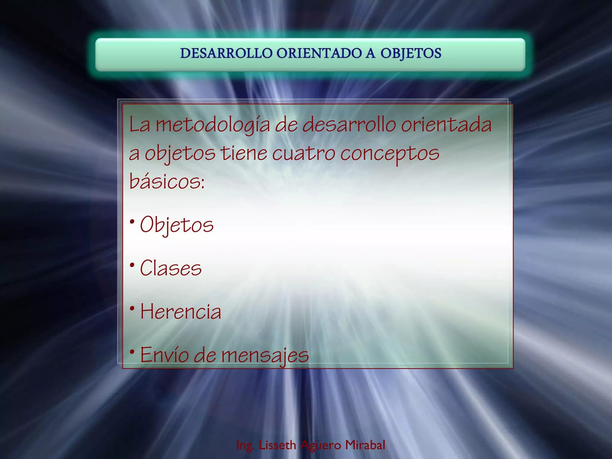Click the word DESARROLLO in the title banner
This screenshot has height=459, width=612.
coord(226,53)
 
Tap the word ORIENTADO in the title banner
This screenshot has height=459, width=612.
coord(319,53)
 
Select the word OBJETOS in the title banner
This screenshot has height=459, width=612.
coord(411,53)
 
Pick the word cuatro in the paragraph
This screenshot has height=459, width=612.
coord(304,153)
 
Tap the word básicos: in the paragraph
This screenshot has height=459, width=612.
coord(167,181)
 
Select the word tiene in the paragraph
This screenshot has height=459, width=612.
coord(244,153)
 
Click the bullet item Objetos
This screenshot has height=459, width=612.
coord(177,225)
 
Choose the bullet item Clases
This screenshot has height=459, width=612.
coord(171,268)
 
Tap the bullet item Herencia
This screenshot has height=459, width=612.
coord(181,312)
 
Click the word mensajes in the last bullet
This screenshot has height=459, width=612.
coord(265,355)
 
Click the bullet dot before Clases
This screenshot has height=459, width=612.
coord(132,265)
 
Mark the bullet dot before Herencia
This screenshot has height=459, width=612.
coord(132,308)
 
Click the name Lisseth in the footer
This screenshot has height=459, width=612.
coord(277,445)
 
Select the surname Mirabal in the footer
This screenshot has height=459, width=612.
coord(365,445)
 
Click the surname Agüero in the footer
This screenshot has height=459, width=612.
coord(321,445)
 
